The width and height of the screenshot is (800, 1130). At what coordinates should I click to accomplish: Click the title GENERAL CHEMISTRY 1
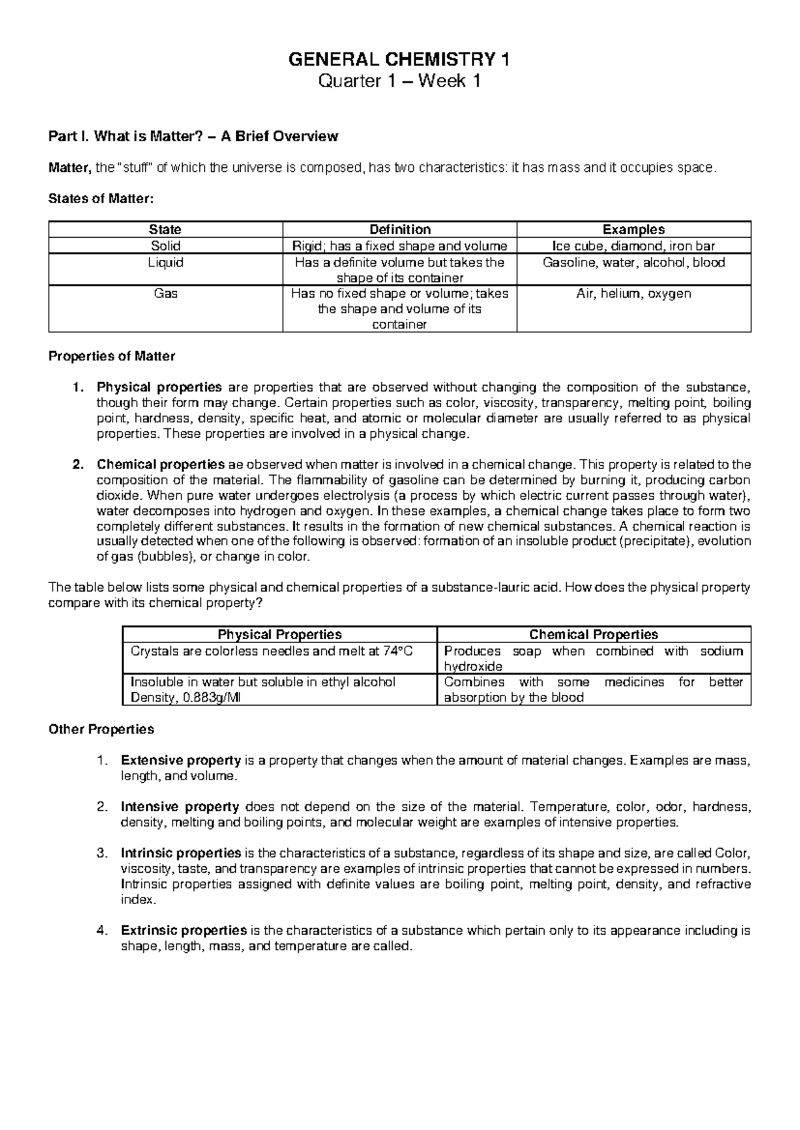click(x=399, y=61)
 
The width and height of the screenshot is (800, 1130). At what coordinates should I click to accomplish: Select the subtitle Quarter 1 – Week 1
click(x=399, y=83)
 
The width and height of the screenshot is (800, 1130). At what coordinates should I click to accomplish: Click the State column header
click(x=165, y=229)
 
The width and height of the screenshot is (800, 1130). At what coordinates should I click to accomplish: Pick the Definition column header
click(x=399, y=229)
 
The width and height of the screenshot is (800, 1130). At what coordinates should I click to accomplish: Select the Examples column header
click(x=633, y=229)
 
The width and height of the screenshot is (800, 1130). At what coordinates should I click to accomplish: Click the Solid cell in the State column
click(x=165, y=245)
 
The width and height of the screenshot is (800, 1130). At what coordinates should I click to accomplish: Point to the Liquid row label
click(x=165, y=263)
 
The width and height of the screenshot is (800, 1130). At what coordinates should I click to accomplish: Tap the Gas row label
click(x=165, y=293)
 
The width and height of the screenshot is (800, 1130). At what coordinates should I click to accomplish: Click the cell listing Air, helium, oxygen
click(x=633, y=293)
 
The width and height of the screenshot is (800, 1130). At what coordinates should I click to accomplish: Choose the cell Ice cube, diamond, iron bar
click(x=633, y=245)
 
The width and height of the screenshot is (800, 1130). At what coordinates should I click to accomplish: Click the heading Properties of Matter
click(x=111, y=356)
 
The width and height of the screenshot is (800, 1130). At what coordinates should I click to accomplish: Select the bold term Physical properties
click(x=159, y=387)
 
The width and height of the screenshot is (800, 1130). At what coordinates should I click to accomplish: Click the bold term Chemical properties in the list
click(x=161, y=464)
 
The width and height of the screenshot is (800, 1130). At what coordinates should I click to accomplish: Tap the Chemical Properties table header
click(x=593, y=634)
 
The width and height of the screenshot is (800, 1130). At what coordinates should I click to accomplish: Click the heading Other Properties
click(x=101, y=729)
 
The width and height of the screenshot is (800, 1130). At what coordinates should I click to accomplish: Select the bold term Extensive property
click(x=181, y=760)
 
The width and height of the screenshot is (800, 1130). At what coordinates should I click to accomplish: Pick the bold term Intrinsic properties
click(x=181, y=853)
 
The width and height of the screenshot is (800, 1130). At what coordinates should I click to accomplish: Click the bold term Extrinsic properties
click(x=183, y=930)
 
